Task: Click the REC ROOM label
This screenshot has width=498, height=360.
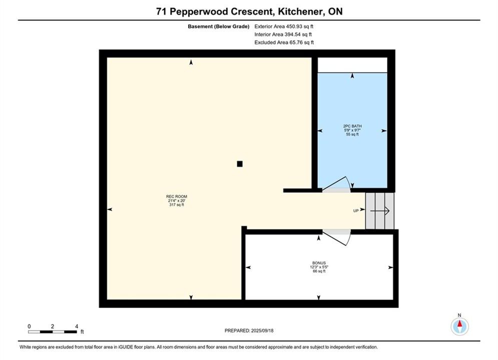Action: (177, 196)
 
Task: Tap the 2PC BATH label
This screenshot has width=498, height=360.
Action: (352, 126)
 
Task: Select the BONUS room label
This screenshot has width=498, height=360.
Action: (319, 263)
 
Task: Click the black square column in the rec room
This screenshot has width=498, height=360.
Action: (240, 164)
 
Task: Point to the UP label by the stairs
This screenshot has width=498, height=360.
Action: (356, 210)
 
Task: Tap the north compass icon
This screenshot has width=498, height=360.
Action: (459, 326)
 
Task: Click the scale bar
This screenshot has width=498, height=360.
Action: (53, 332)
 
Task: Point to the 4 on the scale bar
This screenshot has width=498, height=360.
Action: (77, 326)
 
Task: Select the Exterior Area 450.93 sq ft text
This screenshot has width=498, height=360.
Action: (284, 26)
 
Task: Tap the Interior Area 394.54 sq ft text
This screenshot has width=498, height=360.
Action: (283, 34)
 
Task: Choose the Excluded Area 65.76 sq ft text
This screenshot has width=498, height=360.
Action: (284, 42)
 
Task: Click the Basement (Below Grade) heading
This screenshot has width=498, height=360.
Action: (219, 26)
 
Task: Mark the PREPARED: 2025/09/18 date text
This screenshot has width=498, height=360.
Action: (249, 330)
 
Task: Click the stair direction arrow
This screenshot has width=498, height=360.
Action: (380, 210)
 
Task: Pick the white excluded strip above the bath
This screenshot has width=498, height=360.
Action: (352, 65)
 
